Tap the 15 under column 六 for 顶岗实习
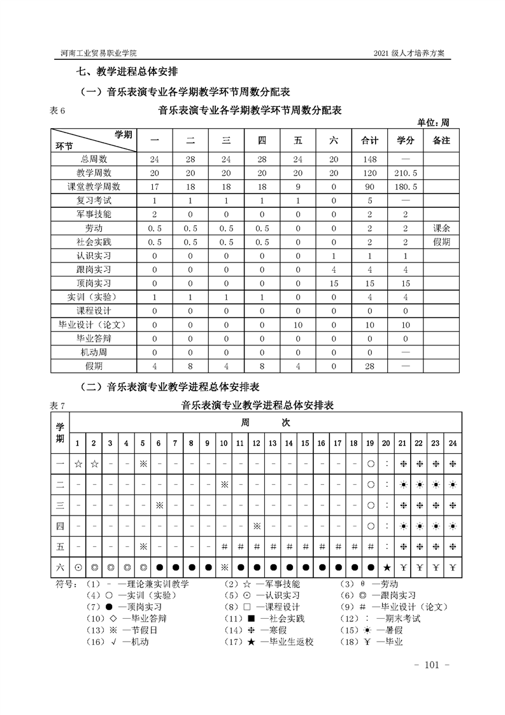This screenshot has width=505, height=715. pos(334,284)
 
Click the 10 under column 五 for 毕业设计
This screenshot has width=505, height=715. pos(297,325)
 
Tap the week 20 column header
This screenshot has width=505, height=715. pos(387,443)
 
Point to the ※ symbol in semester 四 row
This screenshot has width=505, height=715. pos(257,526)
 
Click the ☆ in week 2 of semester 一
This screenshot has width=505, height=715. pos(94,463)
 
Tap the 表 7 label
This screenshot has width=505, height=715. pos(57,406)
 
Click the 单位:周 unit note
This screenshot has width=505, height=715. pos(433,122)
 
